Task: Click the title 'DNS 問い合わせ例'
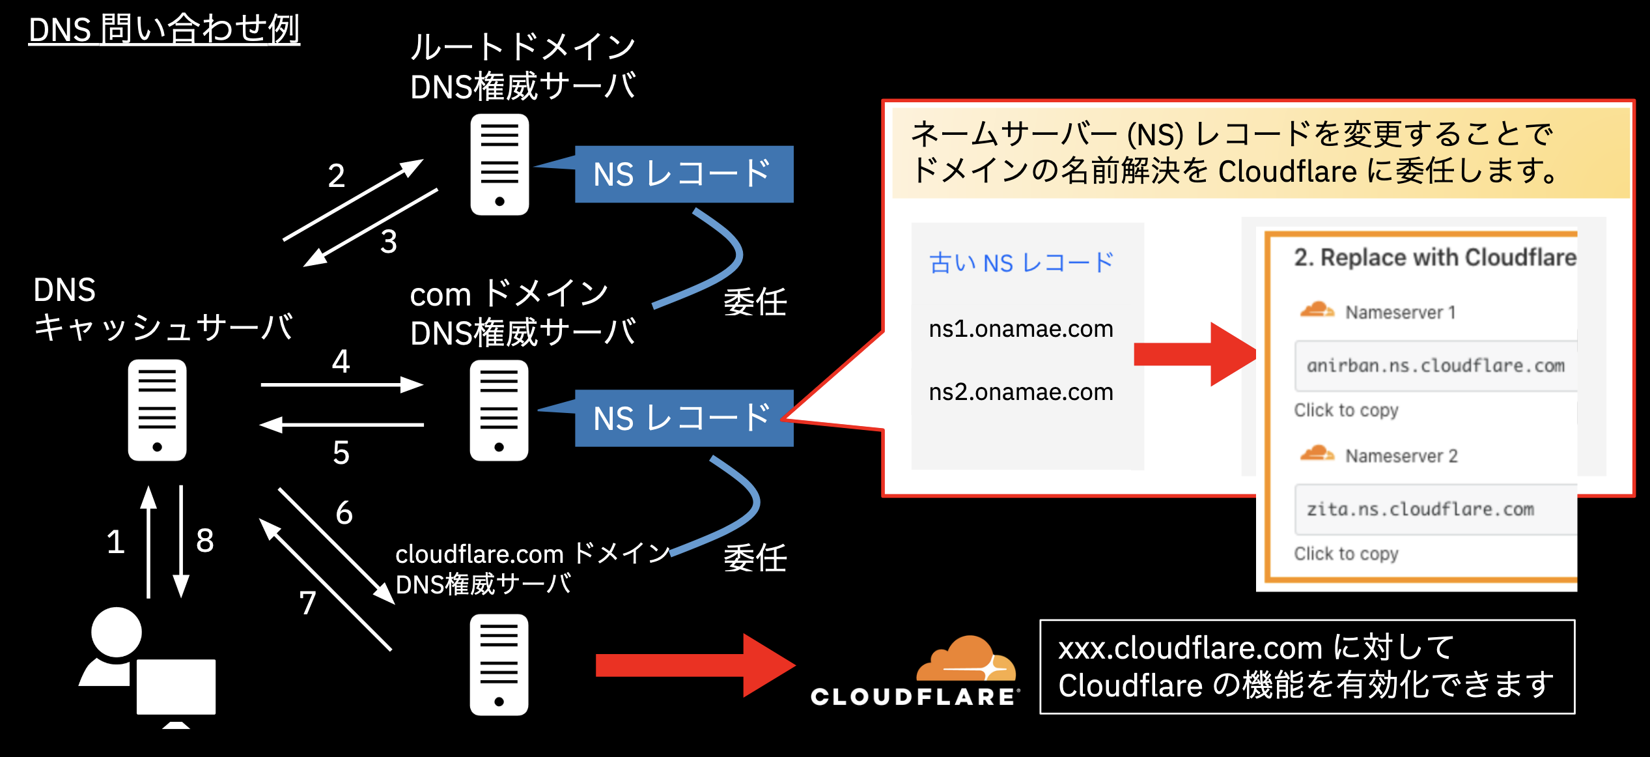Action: click(164, 30)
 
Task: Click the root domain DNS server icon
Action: click(499, 165)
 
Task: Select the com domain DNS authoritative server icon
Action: click(499, 410)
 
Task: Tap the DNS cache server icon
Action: click(157, 410)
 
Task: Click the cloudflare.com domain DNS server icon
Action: click(499, 664)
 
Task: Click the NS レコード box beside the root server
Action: click(683, 174)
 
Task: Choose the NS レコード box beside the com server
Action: click(683, 418)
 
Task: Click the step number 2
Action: click(336, 176)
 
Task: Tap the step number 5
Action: click(341, 452)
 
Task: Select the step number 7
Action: click(307, 603)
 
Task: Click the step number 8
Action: click(204, 541)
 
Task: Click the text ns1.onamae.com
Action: click(1020, 329)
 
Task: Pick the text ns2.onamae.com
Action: click(1020, 392)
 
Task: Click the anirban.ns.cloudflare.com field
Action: click(1435, 366)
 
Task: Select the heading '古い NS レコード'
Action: click(1020, 263)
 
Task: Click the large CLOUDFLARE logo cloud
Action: click(966, 659)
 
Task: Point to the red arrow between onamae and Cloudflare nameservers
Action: click(1195, 354)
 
